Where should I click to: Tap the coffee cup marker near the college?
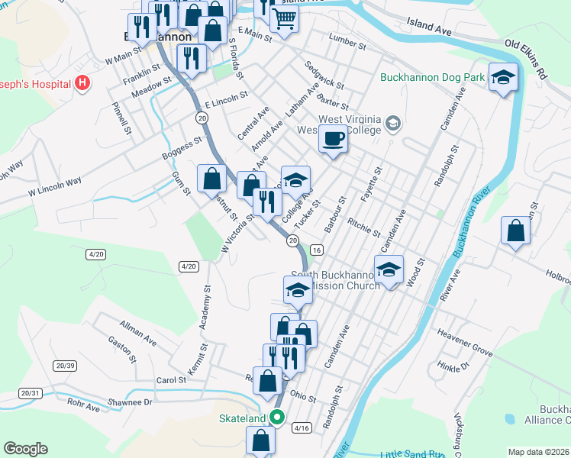tap(332, 139)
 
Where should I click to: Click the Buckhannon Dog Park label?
tap(432, 76)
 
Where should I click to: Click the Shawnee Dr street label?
tap(132, 402)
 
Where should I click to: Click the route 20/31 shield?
tap(30, 393)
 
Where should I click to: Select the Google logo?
tap(25, 449)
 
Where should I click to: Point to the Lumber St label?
tap(348, 38)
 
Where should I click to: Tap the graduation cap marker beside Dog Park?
tap(503, 77)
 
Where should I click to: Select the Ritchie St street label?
tap(363, 226)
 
